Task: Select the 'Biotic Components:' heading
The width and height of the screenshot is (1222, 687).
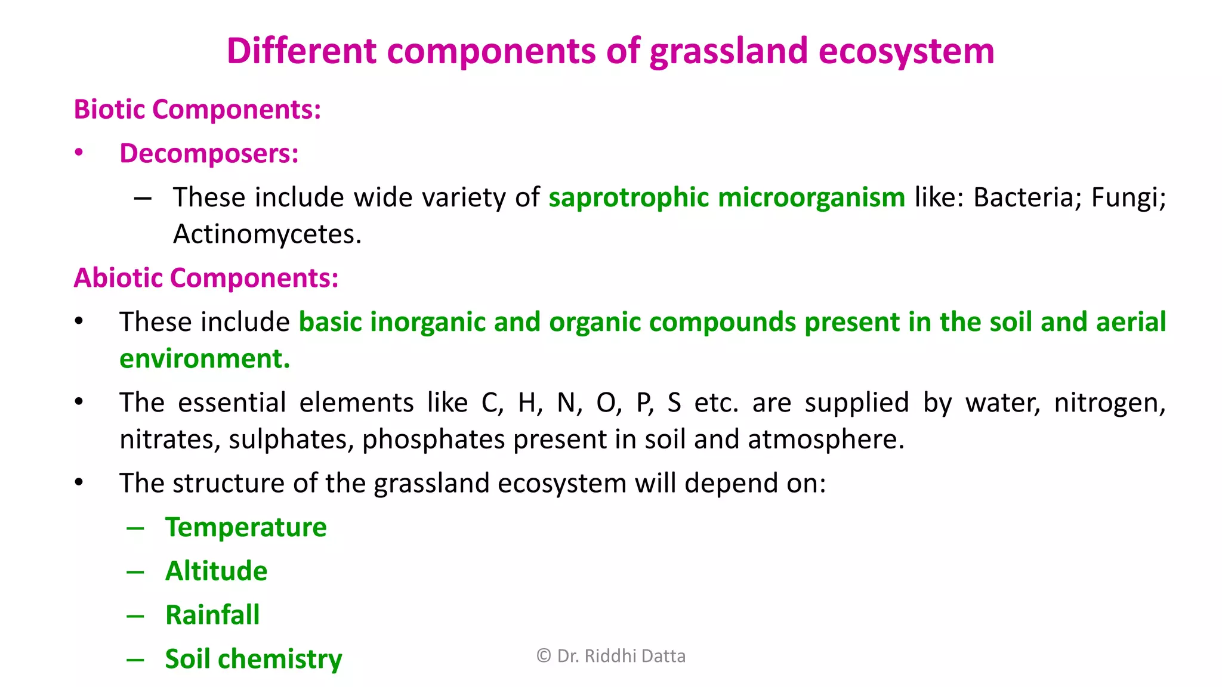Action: coord(198,109)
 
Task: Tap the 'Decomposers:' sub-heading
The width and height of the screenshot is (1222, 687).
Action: coord(209,153)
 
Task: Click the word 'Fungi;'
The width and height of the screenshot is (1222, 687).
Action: coord(1128,198)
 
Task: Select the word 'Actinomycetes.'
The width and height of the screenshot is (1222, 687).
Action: coord(267,234)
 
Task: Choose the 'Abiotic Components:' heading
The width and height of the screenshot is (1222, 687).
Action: coord(206,278)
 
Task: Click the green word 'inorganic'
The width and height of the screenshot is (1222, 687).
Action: coord(427,322)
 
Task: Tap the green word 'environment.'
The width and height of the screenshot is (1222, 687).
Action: coord(205,359)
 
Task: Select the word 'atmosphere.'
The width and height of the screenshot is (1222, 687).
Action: coord(826,440)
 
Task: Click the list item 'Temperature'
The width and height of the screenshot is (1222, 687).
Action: coord(246,527)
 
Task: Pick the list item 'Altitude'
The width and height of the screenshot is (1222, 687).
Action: coord(216,571)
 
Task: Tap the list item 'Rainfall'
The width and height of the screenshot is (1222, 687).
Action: coord(212,615)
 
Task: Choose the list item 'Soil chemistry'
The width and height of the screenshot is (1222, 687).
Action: coord(254,659)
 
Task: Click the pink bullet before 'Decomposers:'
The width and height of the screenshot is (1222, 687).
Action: coord(79,153)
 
